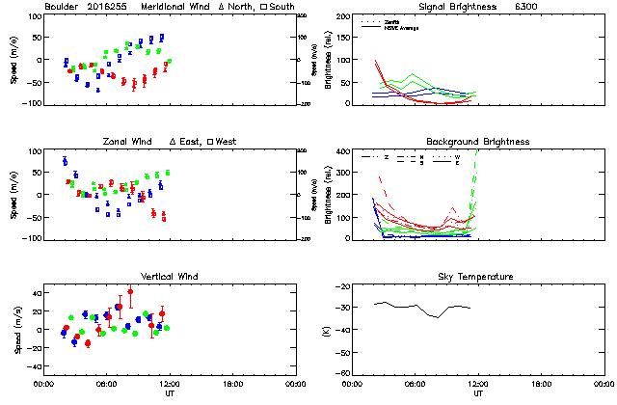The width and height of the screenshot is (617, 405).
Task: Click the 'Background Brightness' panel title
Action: tap(477, 142)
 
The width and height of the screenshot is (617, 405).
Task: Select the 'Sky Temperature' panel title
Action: tap(478, 277)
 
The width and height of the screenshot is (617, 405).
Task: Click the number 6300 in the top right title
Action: tap(553, 7)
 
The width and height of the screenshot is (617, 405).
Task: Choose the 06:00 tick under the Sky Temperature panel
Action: tap(416, 383)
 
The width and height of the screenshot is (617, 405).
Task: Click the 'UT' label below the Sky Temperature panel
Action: tap(478, 394)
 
